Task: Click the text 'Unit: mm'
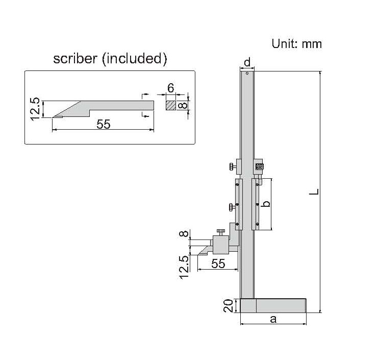(296, 44)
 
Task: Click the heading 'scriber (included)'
(110, 59)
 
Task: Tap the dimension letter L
(314, 191)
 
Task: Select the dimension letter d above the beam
(247, 62)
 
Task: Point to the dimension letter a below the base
(273, 319)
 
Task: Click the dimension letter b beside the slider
(266, 204)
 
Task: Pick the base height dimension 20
(228, 305)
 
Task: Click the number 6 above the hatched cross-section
(171, 88)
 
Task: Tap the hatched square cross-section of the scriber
(171, 106)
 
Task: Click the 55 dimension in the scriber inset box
(104, 124)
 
